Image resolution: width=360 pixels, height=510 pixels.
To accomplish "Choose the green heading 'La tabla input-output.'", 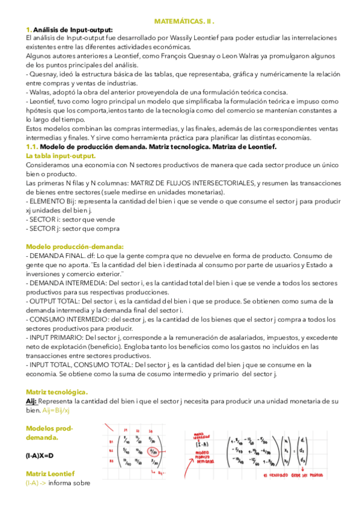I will [61, 156].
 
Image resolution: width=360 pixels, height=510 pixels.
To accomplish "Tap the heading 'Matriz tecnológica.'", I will [56, 392].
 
